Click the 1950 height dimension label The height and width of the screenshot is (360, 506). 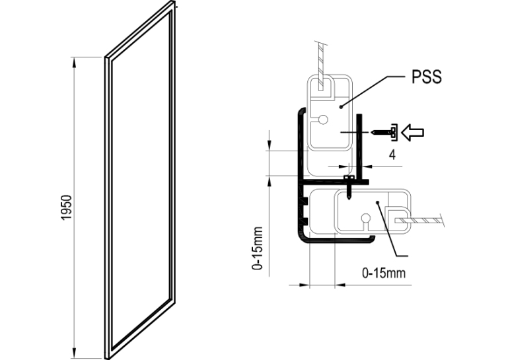(66, 207)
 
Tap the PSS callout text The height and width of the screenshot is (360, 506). (427, 77)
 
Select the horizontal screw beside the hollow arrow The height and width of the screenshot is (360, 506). (384, 132)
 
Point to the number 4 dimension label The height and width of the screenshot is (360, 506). (392, 155)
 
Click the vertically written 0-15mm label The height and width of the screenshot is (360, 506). (258, 248)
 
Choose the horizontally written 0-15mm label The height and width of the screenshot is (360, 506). (384, 273)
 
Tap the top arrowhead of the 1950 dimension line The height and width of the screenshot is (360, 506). (75, 62)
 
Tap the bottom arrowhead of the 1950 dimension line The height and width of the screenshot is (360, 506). (75, 353)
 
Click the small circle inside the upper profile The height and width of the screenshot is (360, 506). (323, 120)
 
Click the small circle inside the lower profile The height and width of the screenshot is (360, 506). (365, 218)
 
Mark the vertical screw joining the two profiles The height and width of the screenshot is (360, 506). (349, 188)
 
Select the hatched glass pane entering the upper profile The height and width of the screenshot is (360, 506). (320, 66)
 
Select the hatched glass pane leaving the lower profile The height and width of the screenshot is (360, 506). (419, 220)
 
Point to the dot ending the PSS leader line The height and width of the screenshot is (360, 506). (341, 106)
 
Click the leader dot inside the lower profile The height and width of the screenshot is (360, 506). (377, 202)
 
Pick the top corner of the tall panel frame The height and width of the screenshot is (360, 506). (174, 2)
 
